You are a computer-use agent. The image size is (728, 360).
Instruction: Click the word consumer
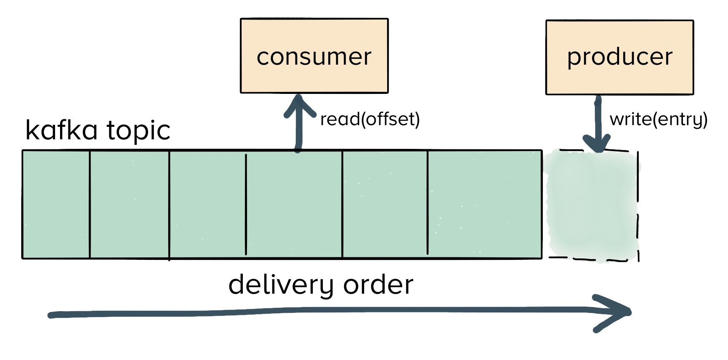tap(314, 57)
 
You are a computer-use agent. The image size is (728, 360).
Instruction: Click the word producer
tap(620, 57)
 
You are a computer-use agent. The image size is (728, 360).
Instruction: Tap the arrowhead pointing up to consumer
tap(299, 104)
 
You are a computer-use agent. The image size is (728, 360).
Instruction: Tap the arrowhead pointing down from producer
tap(598, 144)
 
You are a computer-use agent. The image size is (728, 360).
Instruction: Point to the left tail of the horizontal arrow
tap(52, 315)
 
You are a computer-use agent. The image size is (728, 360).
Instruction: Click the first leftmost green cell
tap(56, 204)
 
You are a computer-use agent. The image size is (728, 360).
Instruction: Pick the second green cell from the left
tap(129, 204)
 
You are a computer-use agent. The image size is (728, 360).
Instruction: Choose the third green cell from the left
tap(207, 204)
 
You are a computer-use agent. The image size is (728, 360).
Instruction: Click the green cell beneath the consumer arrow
tap(294, 204)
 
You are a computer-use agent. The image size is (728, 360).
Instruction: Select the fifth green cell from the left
tap(385, 204)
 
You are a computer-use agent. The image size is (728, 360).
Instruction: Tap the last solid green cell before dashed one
tap(484, 204)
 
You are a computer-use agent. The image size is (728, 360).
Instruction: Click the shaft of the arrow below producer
tap(598, 119)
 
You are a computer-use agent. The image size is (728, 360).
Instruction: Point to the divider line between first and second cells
tap(90, 204)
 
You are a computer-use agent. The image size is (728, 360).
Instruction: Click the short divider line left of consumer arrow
tap(246, 204)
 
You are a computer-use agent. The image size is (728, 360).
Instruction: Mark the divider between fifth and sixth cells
tap(428, 204)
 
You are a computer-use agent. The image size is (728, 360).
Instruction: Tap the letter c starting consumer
tap(262, 58)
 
